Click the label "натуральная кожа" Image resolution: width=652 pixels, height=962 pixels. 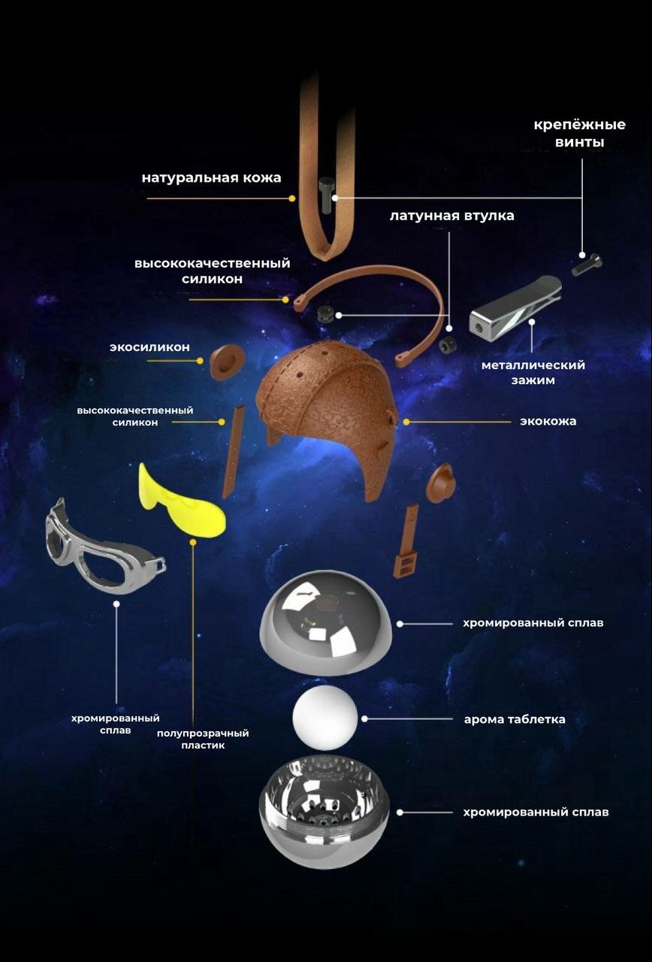pyautogui.click(x=211, y=178)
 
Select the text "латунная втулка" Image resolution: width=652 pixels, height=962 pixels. pyautogui.click(x=451, y=216)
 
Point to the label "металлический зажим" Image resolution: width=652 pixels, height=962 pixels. pyautogui.click(x=533, y=373)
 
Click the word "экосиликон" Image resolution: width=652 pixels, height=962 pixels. pyautogui.click(x=149, y=347)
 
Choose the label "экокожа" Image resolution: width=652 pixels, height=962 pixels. pyautogui.click(x=548, y=421)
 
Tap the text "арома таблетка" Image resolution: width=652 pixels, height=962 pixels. pyautogui.click(x=515, y=719)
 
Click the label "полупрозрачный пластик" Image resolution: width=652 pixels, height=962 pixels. pyautogui.click(x=203, y=739)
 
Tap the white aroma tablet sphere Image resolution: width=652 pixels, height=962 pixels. pyautogui.click(x=325, y=717)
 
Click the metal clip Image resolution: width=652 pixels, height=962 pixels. pyautogui.click(x=515, y=307)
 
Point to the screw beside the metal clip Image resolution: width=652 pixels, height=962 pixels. pyautogui.click(x=587, y=264)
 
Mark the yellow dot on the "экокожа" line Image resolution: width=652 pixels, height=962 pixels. pyautogui.click(x=406, y=422)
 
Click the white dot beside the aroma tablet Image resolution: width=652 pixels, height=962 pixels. pyautogui.click(x=364, y=718)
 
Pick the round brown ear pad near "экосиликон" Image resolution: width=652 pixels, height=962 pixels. pyautogui.click(x=226, y=361)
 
